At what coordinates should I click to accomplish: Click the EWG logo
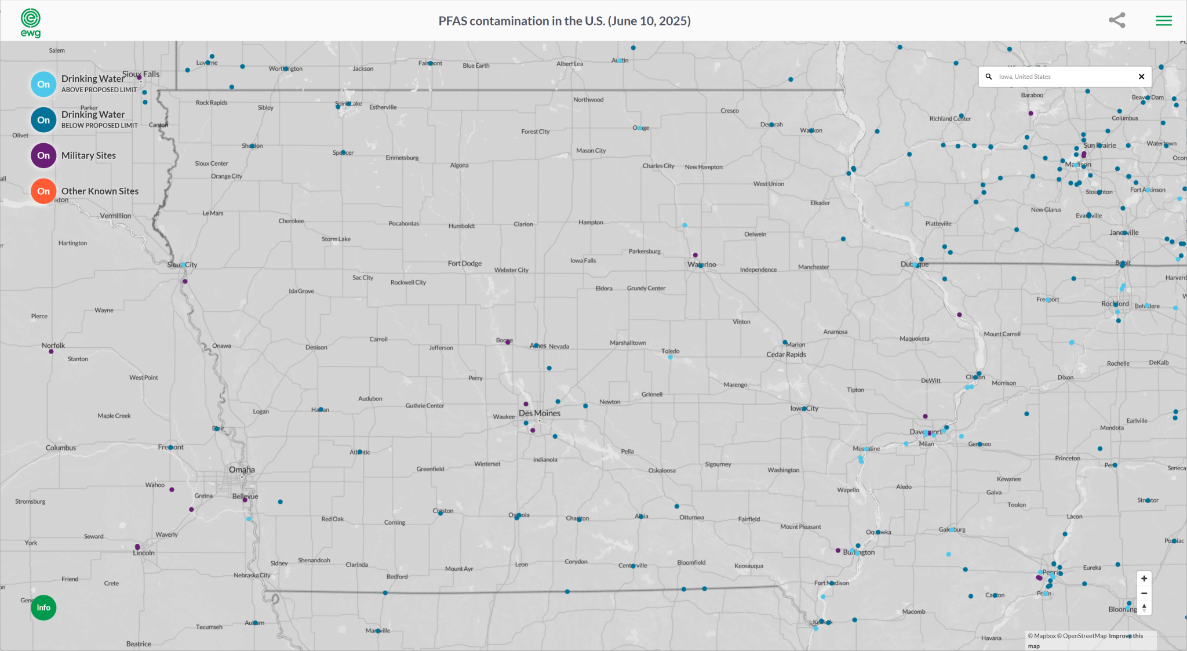tap(31, 23)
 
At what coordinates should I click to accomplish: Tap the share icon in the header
tap(1117, 20)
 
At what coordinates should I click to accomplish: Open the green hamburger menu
tap(1163, 21)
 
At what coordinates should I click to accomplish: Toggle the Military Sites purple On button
tap(43, 155)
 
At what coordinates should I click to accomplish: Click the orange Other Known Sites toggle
tap(43, 191)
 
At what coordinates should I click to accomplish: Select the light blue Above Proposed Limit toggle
tap(43, 84)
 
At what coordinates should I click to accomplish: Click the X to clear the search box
tap(1141, 77)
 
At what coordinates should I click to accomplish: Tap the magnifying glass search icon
tap(989, 77)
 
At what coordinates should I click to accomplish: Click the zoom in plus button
tap(1144, 579)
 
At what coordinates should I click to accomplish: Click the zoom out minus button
tap(1144, 593)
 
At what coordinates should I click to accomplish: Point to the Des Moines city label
tap(540, 413)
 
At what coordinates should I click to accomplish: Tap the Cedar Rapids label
tap(786, 354)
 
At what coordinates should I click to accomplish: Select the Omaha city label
tap(242, 470)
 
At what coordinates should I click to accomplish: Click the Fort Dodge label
tap(464, 263)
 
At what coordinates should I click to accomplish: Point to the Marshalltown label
tap(628, 343)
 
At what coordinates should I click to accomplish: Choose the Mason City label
tap(591, 151)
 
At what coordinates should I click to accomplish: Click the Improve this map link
tap(1126, 636)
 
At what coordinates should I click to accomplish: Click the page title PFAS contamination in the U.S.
tap(564, 21)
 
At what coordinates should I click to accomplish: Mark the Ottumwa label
tap(691, 517)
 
